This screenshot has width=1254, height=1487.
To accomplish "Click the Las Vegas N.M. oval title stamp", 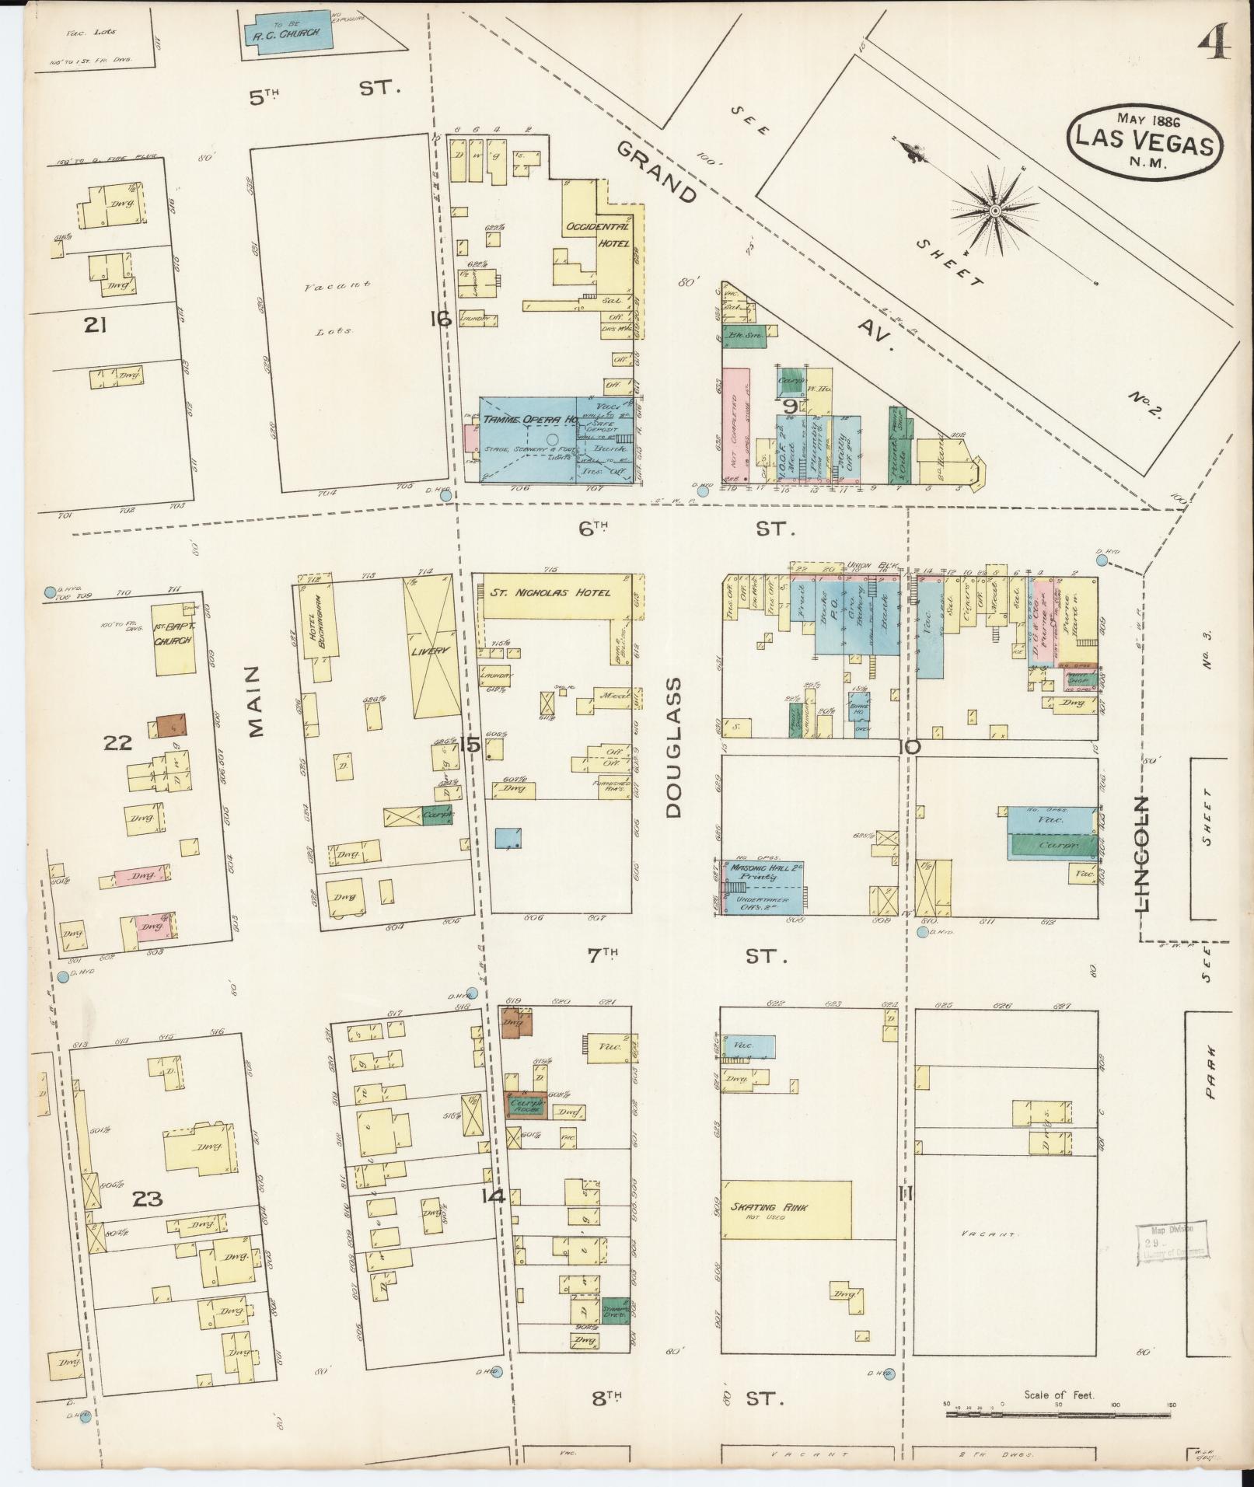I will [x=1146, y=143].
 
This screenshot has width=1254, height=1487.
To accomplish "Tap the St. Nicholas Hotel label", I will [x=549, y=592].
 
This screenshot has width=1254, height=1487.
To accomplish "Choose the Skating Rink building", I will [x=785, y=1209].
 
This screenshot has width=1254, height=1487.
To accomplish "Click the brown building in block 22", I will [x=171, y=725].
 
